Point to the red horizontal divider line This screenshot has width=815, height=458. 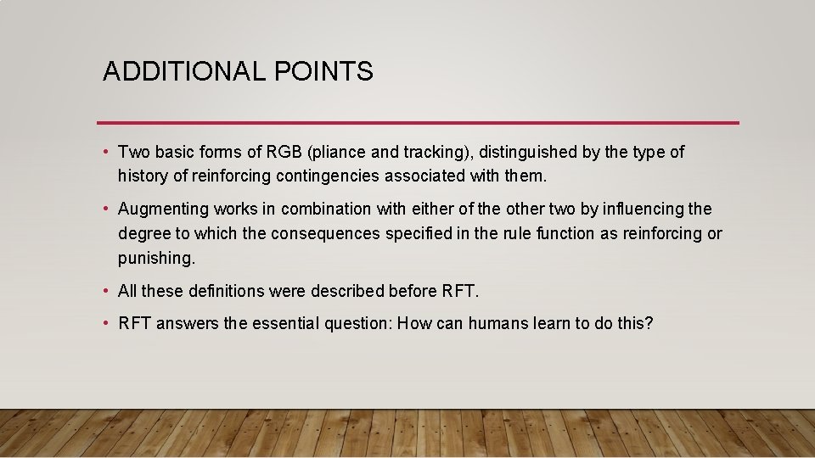coord(418,123)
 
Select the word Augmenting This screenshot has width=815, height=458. coord(163,209)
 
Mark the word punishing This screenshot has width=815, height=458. coord(156,258)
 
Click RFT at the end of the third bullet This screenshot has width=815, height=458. coord(460,292)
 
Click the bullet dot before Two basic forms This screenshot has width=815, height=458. coord(106,153)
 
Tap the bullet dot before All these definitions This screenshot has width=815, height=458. coord(106,292)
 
